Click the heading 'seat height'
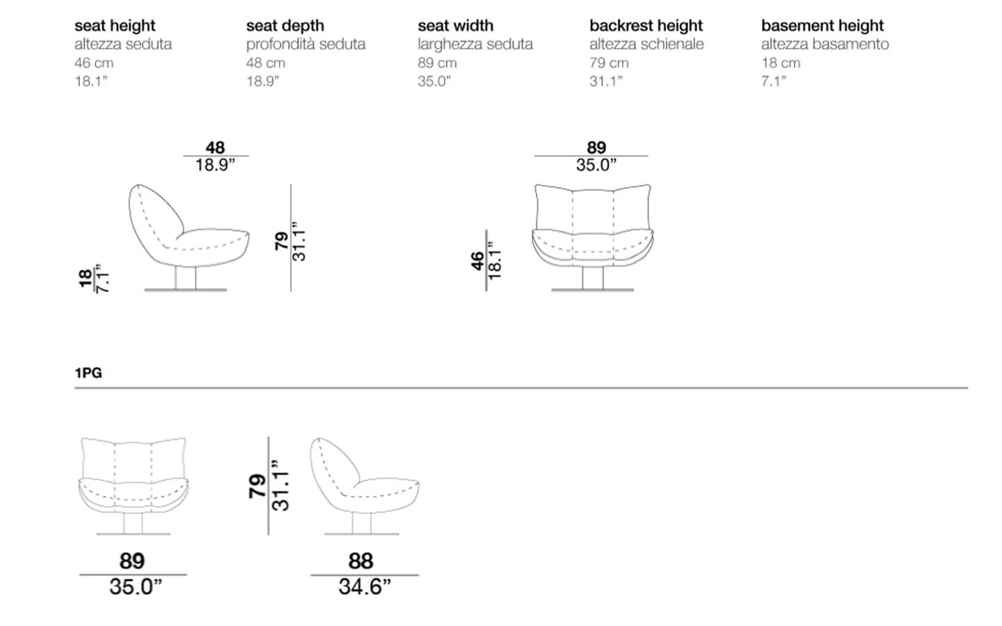point(115,26)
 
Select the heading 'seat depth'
point(285,26)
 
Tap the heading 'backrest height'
point(646,26)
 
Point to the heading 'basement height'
point(822,26)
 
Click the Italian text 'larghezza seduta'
point(475,45)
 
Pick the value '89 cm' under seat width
point(437,63)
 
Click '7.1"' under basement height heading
point(774,81)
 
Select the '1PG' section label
point(88,373)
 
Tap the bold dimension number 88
point(360,561)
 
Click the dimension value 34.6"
point(365,587)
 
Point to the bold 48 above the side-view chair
point(215,147)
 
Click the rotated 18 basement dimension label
point(85,278)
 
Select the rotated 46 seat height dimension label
point(477,261)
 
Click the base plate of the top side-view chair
point(186,290)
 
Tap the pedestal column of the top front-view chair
point(593,278)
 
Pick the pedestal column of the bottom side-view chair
point(361,523)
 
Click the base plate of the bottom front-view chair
point(134,534)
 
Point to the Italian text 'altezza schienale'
point(646,45)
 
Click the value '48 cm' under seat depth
point(265,63)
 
